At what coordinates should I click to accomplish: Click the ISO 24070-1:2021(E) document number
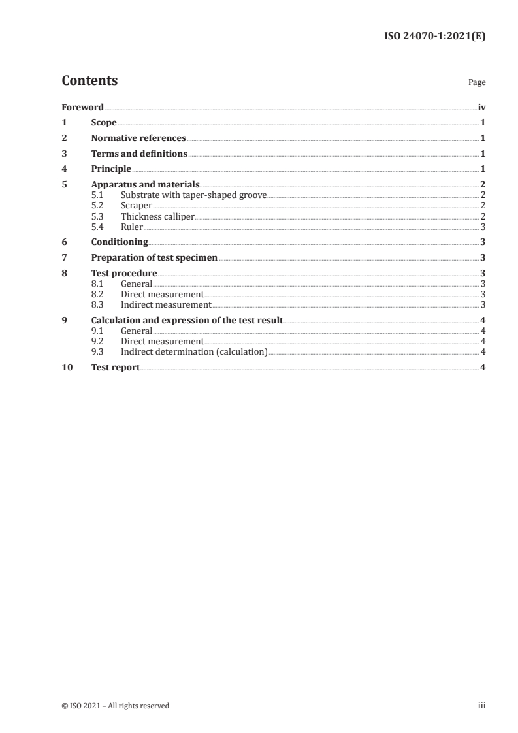(x=433, y=37)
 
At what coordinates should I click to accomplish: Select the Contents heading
(x=89, y=81)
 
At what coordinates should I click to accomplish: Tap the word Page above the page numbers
(x=477, y=83)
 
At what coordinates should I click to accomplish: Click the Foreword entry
(x=82, y=107)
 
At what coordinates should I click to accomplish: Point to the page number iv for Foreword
(x=481, y=107)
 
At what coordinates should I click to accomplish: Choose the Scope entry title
(x=104, y=123)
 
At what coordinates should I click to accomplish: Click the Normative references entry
(x=138, y=138)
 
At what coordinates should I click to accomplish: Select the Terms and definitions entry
(x=139, y=154)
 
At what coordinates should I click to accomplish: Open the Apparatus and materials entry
(x=145, y=185)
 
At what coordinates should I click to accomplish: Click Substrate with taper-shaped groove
(x=193, y=195)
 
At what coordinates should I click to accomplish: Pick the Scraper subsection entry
(x=136, y=206)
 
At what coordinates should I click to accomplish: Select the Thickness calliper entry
(x=157, y=216)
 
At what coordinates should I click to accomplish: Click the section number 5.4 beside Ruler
(x=98, y=227)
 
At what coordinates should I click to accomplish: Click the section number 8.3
(x=98, y=304)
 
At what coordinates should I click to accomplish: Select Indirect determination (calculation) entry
(x=194, y=351)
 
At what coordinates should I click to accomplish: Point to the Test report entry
(x=116, y=368)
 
